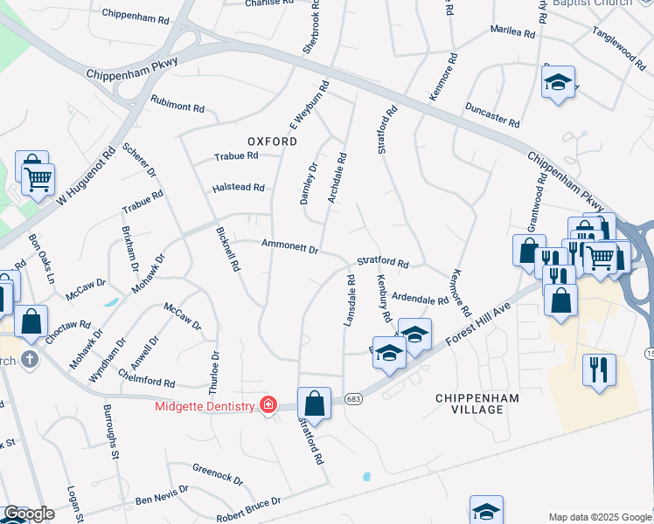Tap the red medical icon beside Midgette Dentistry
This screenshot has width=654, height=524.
[268, 405]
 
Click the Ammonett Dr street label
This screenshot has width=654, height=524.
[289, 248]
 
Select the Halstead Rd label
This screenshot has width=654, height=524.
[239, 188]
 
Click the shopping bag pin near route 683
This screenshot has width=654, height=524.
[314, 405]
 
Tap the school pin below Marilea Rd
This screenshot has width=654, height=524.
[558, 84]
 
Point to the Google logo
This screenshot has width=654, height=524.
[29, 514]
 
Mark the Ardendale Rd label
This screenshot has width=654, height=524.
[420, 298]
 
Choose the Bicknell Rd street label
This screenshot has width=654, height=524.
[227, 250]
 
